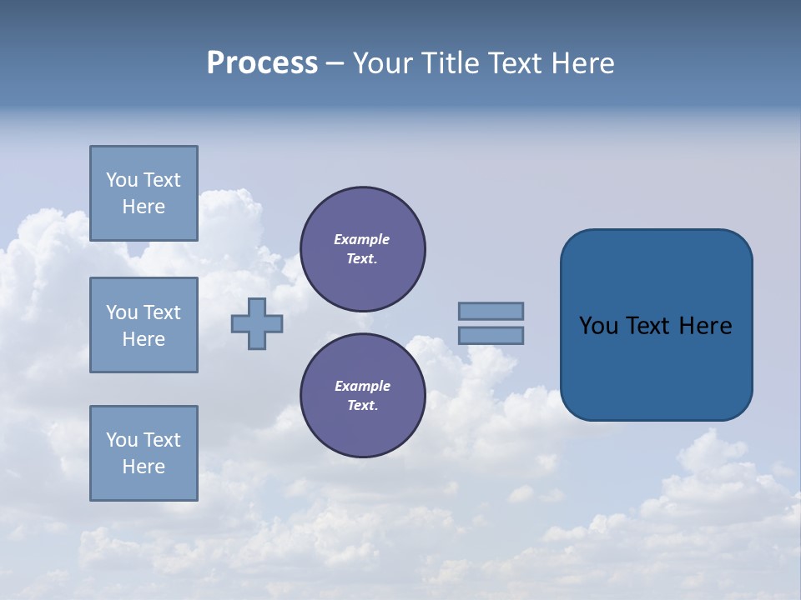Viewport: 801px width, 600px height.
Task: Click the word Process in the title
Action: tap(262, 63)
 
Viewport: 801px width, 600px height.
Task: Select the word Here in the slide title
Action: tap(582, 63)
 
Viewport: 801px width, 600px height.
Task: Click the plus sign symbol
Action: tap(257, 324)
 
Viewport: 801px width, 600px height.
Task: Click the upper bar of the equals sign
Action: tap(491, 311)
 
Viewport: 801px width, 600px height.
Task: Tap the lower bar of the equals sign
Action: tap(491, 336)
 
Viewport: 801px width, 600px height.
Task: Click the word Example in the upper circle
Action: tap(361, 239)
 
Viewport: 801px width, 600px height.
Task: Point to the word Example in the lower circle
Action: tap(362, 386)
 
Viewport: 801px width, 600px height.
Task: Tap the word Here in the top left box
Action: tap(144, 207)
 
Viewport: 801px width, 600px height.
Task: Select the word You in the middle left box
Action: tap(122, 312)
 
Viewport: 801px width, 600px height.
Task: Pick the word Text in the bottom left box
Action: tap(162, 440)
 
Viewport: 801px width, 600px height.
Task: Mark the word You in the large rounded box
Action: tap(598, 326)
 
